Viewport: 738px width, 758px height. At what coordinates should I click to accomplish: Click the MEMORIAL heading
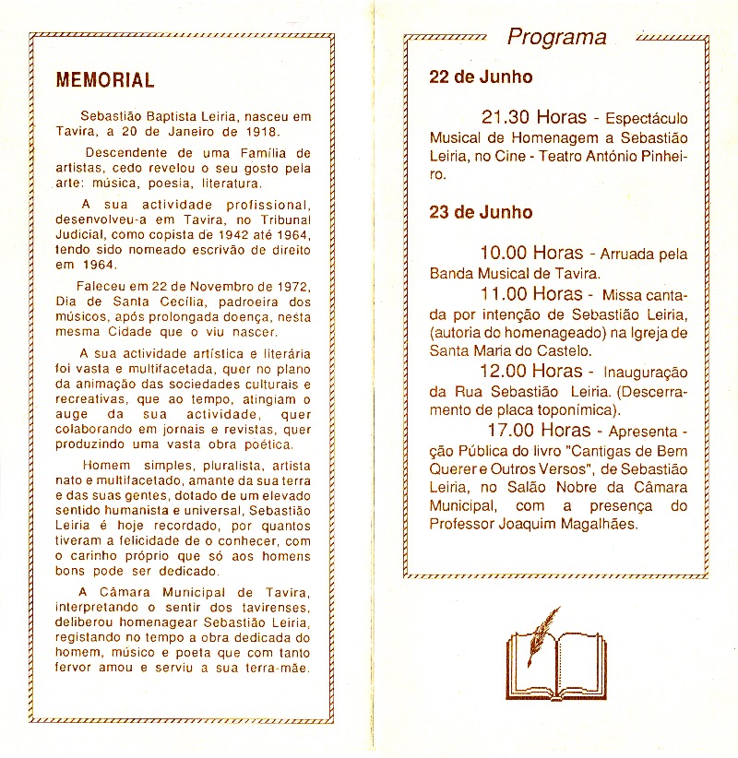[105, 79]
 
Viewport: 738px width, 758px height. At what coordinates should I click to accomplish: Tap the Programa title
[557, 37]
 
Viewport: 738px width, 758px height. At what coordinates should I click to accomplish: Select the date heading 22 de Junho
[481, 77]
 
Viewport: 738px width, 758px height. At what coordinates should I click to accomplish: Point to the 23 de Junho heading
[481, 212]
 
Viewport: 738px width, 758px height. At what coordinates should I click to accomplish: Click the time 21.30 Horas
[533, 118]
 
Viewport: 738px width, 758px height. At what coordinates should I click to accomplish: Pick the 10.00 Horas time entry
[531, 253]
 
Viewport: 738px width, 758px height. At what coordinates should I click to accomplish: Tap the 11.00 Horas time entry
[531, 294]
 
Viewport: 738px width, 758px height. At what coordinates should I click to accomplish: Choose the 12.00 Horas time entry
[531, 371]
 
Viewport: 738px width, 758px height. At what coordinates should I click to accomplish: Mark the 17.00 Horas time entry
[539, 430]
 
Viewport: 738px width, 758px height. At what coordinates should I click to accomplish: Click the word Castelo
[562, 350]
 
